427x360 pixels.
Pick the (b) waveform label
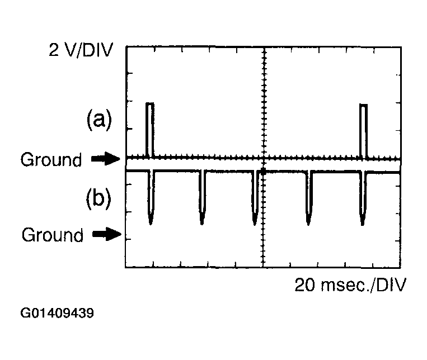[x=98, y=199]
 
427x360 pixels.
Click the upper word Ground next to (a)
[x=51, y=160]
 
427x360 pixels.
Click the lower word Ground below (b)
[x=52, y=235]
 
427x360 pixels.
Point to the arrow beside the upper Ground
[x=105, y=160]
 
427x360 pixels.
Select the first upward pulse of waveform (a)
[x=149, y=129]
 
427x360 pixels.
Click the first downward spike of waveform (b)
[x=151, y=198]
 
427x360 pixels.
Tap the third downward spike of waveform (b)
[x=255, y=198]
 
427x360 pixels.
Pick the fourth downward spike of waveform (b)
[x=308, y=198]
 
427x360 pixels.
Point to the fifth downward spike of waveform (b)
[x=363, y=198]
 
